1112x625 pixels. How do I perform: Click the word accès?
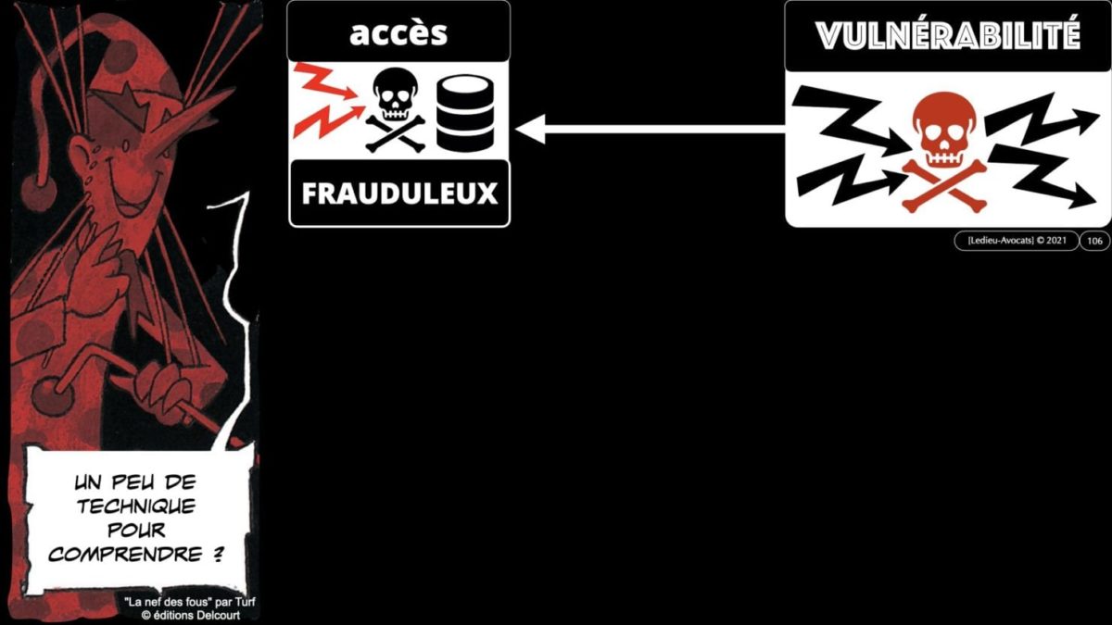click(x=398, y=34)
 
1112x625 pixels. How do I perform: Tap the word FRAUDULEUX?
click(x=399, y=194)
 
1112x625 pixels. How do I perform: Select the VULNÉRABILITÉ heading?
click(x=948, y=36)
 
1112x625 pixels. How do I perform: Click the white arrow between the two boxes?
click(x=649, y=131)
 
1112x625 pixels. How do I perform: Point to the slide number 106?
click(x=1094, y=241)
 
